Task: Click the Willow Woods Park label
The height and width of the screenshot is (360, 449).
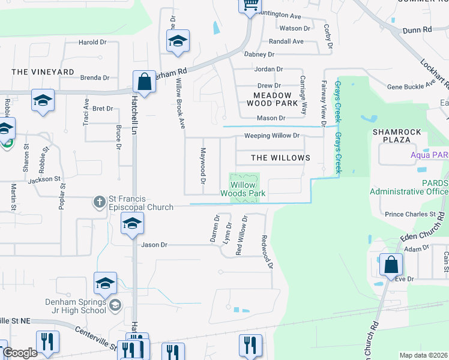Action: (x=243, y=190)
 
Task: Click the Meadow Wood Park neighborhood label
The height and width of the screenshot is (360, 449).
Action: (x=273, y=99)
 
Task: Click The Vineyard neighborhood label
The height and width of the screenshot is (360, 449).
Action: (x=43, y=72)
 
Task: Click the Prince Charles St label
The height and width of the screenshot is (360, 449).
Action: (x=410, y=214)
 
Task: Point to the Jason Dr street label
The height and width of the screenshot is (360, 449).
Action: (x=154, y=245)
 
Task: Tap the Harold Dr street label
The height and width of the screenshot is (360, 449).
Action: (x=92, y=43)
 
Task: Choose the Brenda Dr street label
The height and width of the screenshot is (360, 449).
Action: (x=95, y=77)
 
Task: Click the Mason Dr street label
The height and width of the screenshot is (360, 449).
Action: (x=270, y=118)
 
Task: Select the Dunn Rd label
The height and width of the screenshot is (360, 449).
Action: (x=418, y=29)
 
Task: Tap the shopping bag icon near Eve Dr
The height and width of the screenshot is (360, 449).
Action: (x=391, y=263)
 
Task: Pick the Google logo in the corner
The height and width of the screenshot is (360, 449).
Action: (x=20, y=353)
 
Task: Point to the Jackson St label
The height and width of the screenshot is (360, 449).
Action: (x=44, y=179)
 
